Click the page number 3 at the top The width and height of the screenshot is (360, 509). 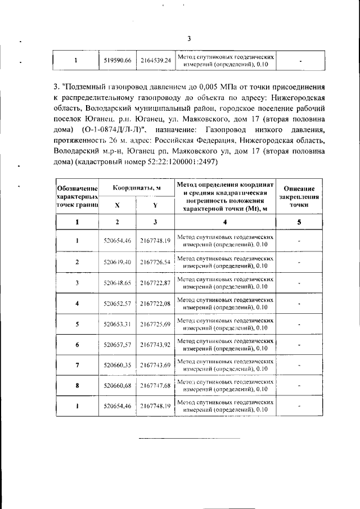coord(189,38)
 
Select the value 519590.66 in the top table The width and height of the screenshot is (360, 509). coord(118,60)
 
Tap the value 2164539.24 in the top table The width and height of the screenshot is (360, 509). coord(155,60)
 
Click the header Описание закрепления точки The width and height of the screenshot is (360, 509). coord(299,197)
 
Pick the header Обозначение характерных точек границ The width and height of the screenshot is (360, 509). coord(77,197)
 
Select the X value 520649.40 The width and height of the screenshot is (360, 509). coord(118,262)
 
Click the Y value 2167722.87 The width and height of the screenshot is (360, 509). coord(155,283)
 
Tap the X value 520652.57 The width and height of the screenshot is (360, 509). coord(118,304)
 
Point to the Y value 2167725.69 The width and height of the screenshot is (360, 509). coord(155,325)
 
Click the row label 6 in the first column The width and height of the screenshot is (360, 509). coord(77,345)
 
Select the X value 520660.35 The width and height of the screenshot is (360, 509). coord(118,366)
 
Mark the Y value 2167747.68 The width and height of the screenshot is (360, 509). coord(155,386)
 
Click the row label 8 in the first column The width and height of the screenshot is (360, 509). coord(77,386)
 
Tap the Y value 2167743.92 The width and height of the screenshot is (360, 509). coord(155,345)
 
